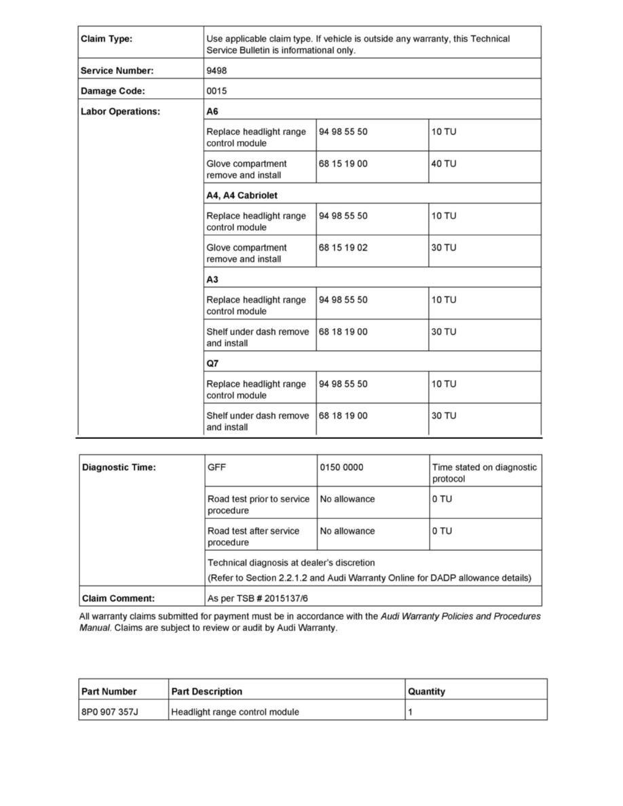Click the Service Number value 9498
point(216,70)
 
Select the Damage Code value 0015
point(216,90)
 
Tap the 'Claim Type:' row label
point(107,39)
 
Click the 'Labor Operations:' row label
point(120,111)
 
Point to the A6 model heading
point(212,111)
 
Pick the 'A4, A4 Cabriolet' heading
point(242,195)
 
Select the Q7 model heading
point(212,364)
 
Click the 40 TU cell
point(444,164)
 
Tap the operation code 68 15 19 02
point(343,248)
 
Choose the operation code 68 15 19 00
point(343,164)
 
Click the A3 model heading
point(212,280)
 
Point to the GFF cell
point(217,467)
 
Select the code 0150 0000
point(341,467)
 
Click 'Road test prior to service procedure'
point(258,505)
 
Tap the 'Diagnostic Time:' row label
point(119,467)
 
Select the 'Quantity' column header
point(426,691)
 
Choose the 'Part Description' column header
point(206,691)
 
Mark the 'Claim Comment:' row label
point(118,599)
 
